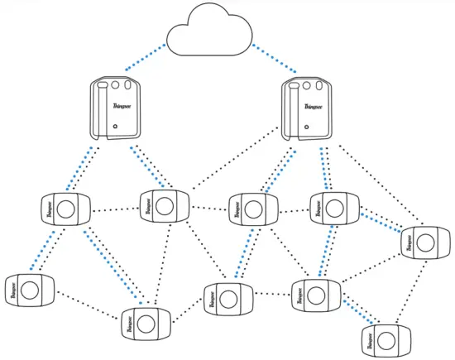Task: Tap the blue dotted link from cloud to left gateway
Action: pyautogui.click(x=143, y=57)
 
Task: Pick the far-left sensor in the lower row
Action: pyautogui.click(x=29, y=290)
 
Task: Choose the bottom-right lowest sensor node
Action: pyautogui.click(x=386, y=338)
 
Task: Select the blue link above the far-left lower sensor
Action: pyautogui.click(x=45, y=249)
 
